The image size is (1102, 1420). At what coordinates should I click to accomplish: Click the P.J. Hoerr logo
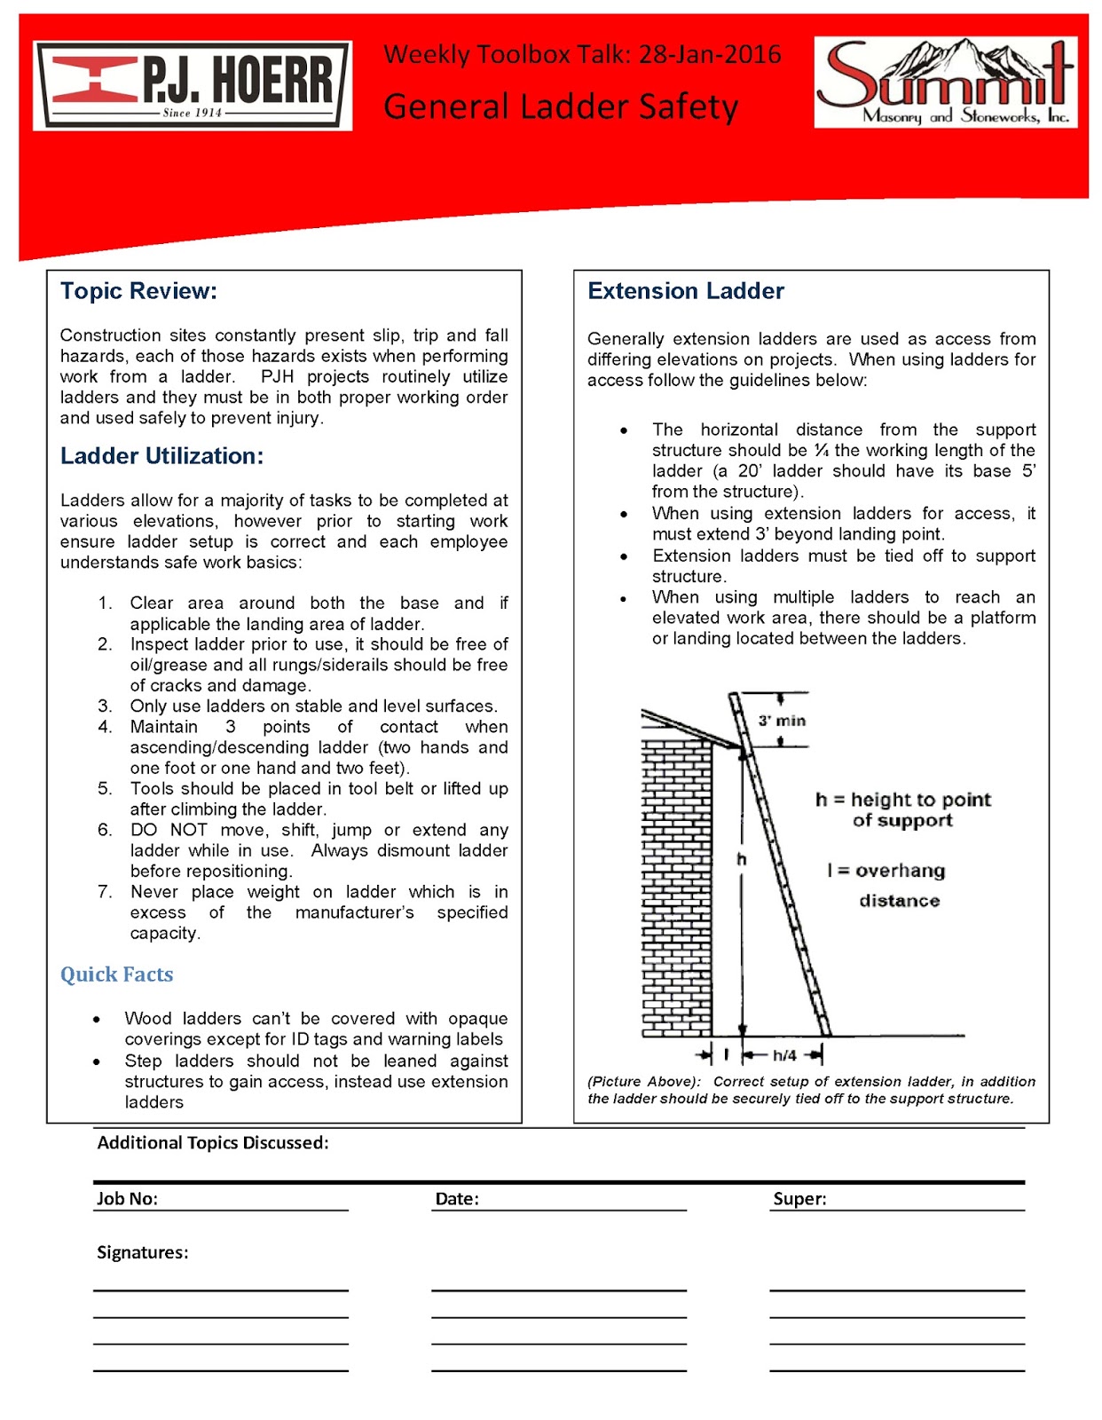[193, 85]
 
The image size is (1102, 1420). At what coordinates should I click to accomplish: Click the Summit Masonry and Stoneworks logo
[946, 82]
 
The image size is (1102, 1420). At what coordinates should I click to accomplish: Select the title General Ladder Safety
[560, 106]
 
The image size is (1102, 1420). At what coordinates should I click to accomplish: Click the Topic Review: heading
[138, 291]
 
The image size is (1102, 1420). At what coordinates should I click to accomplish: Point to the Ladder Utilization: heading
[161, 456]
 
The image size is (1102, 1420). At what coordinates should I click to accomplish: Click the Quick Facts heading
[116, 974]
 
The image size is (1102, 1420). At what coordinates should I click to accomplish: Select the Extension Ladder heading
[685, 291]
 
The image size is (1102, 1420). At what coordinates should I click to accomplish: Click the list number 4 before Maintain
[105, 727]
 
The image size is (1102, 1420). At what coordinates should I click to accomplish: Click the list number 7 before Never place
[105, 892]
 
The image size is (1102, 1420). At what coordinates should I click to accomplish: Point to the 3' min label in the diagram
[782, 721]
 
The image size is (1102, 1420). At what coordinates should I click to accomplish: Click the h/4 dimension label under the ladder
[784, 1055]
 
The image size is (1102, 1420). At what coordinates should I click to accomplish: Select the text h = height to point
[902, 800]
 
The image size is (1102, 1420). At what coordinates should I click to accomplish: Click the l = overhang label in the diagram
[886, 871]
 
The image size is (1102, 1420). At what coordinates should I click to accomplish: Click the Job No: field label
[127, 1199]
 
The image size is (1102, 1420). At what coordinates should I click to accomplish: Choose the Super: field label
[799, 1199]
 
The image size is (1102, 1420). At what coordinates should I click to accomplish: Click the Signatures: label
[142, 1252]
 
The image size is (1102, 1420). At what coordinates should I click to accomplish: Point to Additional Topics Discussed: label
[212, 1143]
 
